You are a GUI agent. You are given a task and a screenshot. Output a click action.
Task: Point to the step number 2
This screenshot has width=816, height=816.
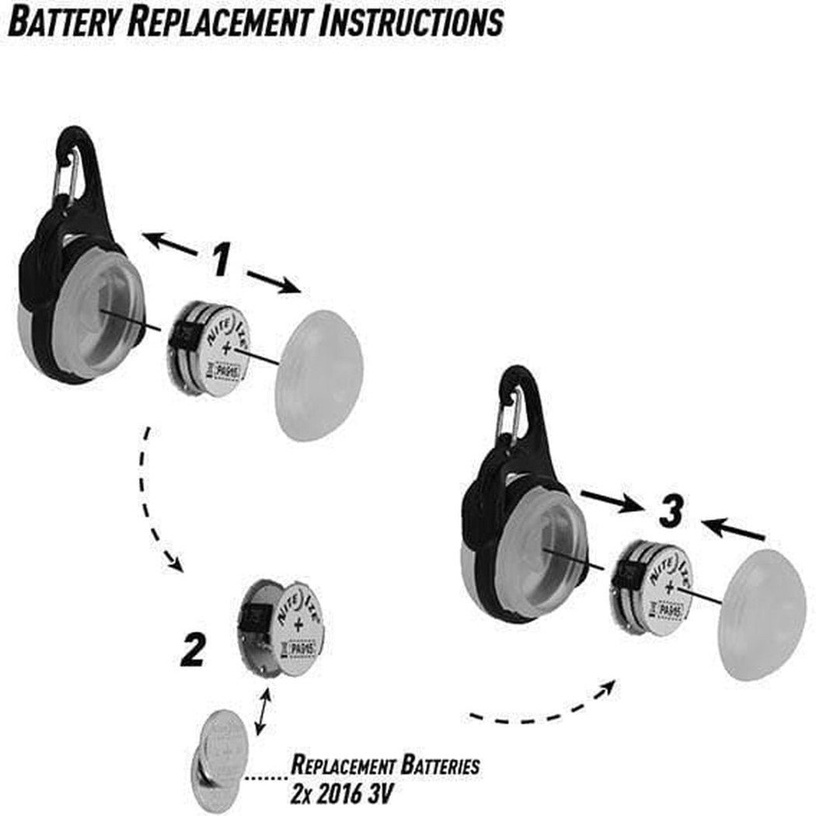[192, 651]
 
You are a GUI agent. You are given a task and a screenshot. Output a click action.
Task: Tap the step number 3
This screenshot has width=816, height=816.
[670, 513]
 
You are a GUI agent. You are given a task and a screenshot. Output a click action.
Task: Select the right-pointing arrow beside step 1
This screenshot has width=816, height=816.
[273, 281]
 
